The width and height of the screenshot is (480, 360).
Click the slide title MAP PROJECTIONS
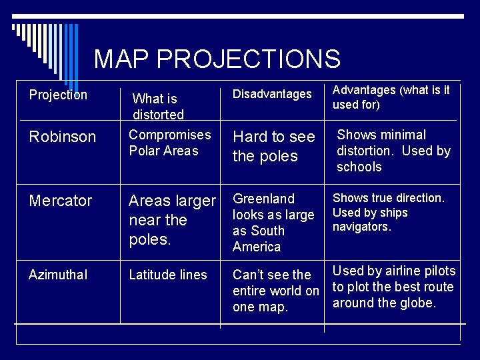(x=217, y=59)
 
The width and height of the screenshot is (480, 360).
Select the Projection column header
(x=58, y=95)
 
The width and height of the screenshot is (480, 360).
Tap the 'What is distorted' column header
(x=158, y=107)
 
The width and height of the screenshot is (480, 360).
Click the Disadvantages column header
(x=272, y=95)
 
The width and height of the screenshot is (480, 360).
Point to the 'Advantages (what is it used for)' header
(x=391, y=97)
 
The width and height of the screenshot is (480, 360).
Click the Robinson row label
(x=63, y=137)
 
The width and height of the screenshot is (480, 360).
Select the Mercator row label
(x=61, y=201)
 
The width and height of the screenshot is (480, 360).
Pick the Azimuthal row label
(x=58, y=275)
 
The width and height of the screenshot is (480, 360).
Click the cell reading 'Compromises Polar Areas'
(x=169, y=143)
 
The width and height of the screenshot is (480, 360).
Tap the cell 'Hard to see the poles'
(x=273, y=146)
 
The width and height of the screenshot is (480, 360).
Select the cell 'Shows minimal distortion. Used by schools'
(x=393, y=151)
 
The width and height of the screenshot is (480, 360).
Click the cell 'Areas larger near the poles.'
(x=172, y=220)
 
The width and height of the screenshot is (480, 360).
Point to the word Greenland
(x=263, y=199)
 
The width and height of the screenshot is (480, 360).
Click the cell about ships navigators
(x=388, y=212)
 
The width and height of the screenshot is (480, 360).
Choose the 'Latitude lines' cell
(x=168, y=275)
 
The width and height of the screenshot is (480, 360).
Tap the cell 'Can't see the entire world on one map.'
(x=275, y=291)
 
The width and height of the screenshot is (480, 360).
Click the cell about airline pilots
(x=393, y=287)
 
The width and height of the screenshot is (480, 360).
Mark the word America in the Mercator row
(x=257, y=247)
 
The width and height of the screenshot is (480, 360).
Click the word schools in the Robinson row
(x=359, y=167)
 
